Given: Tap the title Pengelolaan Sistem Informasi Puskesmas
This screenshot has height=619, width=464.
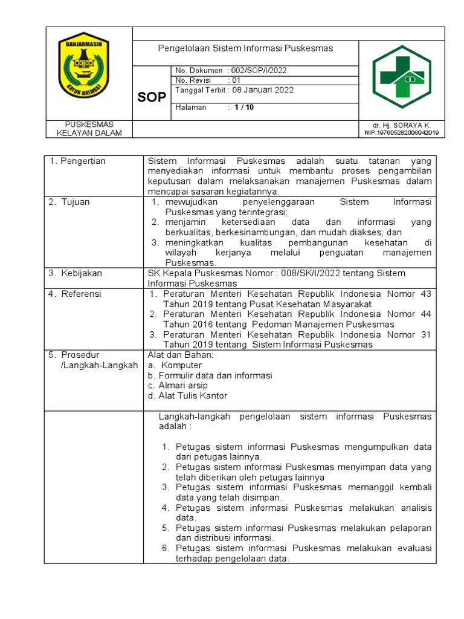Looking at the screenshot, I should [245, 48].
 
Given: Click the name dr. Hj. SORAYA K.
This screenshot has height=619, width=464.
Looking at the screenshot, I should [401, 125].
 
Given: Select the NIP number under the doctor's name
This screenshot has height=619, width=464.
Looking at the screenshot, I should [401, 133].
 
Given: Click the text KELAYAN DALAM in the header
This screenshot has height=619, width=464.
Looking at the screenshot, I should [89, 133].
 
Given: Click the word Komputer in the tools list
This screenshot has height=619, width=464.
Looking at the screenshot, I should [181, 365].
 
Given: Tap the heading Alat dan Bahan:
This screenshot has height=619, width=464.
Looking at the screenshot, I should [181, 355].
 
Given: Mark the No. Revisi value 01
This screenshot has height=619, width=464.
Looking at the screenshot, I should [236, 80].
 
